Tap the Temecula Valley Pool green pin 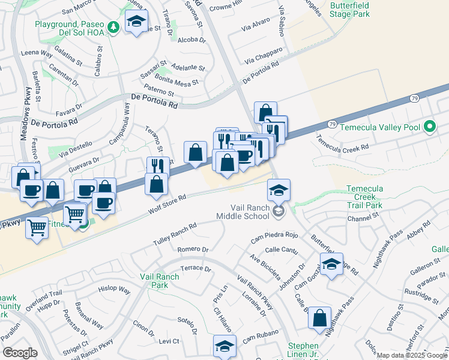[429, 127]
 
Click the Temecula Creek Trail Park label [364, 197]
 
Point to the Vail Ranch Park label [159, 281]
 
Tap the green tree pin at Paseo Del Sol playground [112, 28]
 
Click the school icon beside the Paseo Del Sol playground [136, 22]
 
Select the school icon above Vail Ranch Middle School [279, 190]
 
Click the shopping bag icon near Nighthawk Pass [320, 317]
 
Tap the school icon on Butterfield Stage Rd [331, 264]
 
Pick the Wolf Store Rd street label [167, 205]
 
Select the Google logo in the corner [19, 353]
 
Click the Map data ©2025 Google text [412, 355]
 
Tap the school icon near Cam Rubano [224, 346]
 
